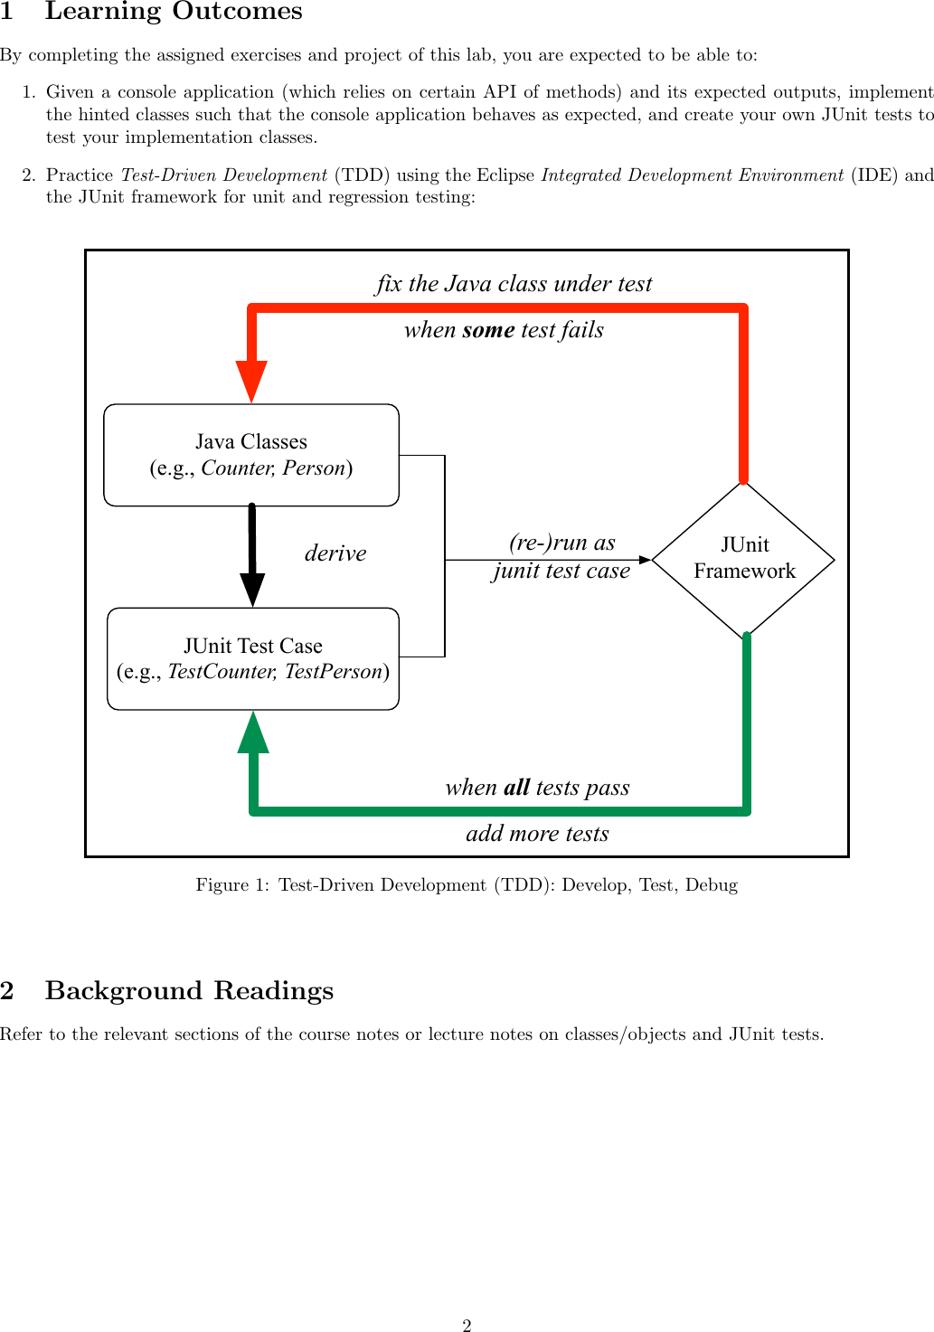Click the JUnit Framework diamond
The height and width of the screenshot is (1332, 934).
pos(743,559)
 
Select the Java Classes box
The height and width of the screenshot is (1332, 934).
pos(251,455)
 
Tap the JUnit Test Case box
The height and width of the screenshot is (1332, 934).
pos(253,658)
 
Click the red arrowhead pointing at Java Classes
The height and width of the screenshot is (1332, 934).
pos(251,381)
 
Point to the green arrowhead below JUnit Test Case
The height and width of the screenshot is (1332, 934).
pos(253,732)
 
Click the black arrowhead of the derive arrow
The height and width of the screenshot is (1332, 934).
pos(252,589)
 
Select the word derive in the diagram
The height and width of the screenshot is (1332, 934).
pos(335,553)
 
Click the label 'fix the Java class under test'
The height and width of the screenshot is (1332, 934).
pos(514,284)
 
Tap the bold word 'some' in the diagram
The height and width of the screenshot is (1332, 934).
pos(488,330)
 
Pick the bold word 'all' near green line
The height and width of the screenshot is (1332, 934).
pos(516,788)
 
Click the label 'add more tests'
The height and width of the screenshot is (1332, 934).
pos(537,834)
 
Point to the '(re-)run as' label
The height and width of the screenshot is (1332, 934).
pos(561,543)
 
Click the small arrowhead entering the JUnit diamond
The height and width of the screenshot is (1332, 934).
pos(645,560)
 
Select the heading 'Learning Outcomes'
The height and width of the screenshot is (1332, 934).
pos(174,12)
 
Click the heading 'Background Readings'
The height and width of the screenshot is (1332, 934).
pos(189,991)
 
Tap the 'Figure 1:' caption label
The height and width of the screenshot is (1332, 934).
pos(232,885)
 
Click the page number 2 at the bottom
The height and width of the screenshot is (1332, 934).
pos(467,1326)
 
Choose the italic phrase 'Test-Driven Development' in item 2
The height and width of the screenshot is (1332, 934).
pos(224,175)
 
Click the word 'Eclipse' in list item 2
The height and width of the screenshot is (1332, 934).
pos(505,175)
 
